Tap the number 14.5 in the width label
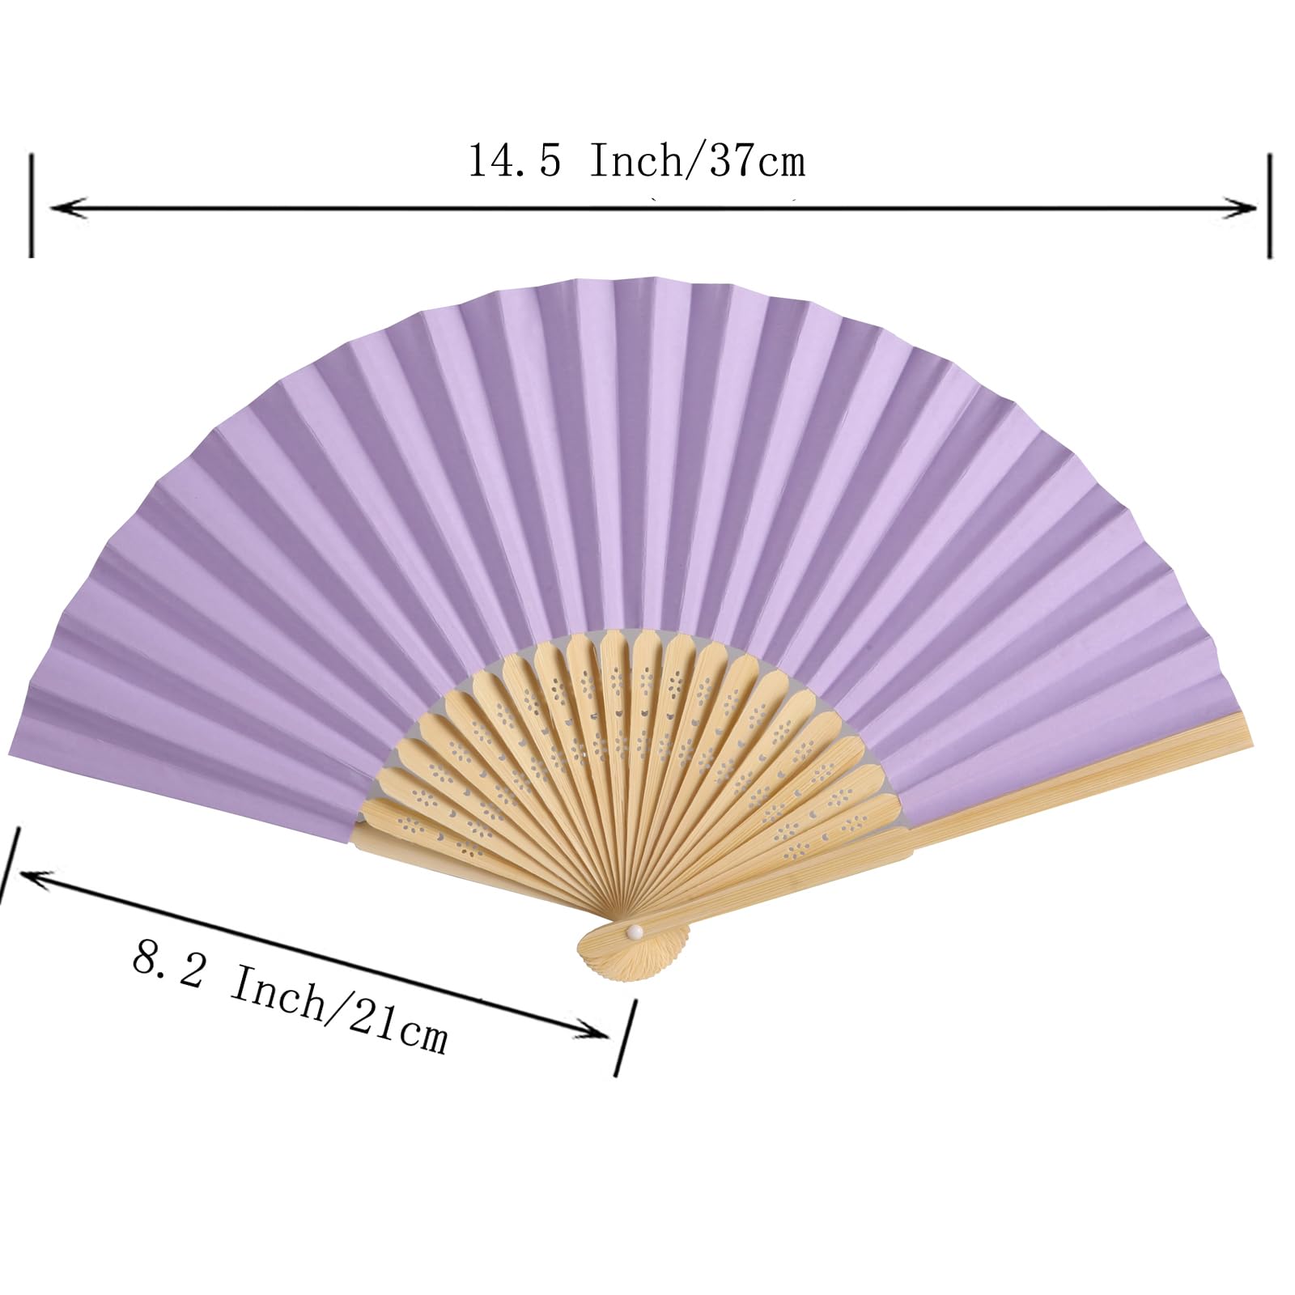pos(514,162)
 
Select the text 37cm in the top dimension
pos(758,162)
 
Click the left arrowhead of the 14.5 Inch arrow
pos(61,209)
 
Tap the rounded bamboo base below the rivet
pos(635,955)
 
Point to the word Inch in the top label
pos(635,162)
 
